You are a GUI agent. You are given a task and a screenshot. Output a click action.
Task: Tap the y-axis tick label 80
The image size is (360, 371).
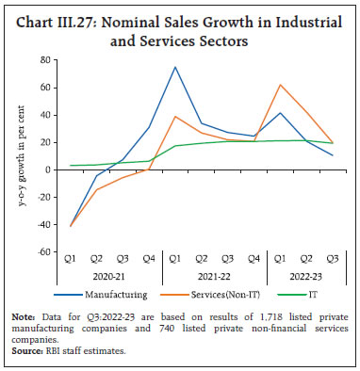pyautogui.click(x=42, y=60)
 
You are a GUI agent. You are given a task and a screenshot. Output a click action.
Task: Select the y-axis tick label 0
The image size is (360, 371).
pyautogui.click(x=45, y=170)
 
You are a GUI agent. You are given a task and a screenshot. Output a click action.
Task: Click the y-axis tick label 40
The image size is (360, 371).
pyautogui.click(x=42, y=115)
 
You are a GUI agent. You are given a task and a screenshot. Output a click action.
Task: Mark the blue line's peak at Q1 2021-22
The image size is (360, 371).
pyautogui.click(x=175, y=67)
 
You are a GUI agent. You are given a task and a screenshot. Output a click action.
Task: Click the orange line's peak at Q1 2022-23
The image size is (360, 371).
pyautogui.click(x=281, y=85)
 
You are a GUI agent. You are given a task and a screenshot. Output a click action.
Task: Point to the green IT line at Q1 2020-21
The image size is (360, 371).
pyautogui.click(x=71, y=166)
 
